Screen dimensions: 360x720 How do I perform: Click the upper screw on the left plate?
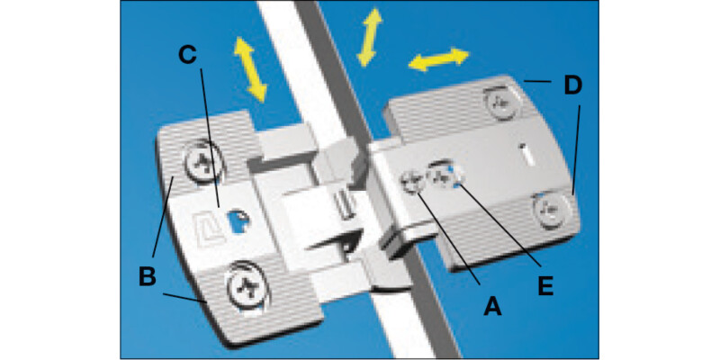pyautogui.click(x=202, y=163)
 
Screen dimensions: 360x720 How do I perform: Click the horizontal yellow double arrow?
pyautogui.click(x=438, y=60)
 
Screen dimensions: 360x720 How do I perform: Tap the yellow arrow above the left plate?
pyautogui.click(x=251, y=69)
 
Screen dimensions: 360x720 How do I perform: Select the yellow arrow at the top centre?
pyautogui.click(x=369, y=39)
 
